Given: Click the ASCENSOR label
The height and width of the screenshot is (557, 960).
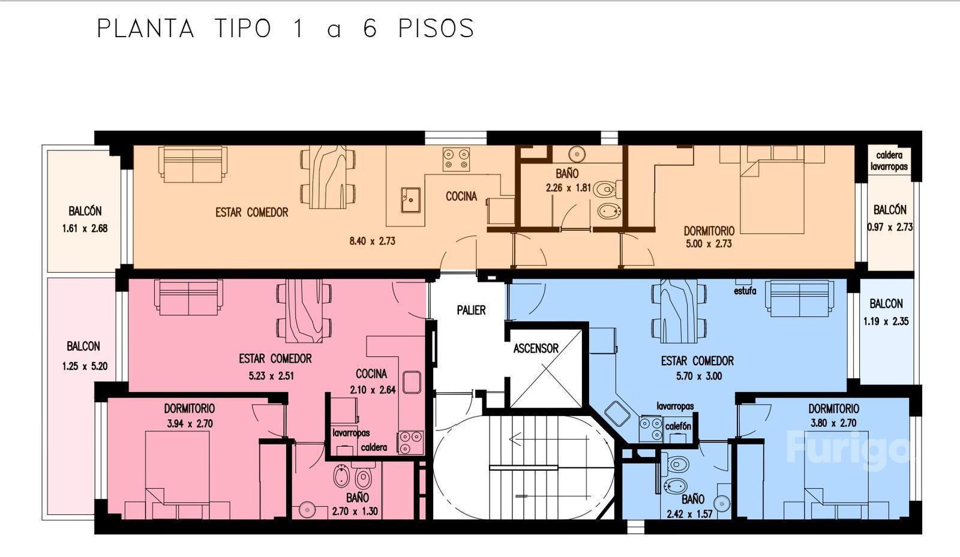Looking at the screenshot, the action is (x=536, y=348).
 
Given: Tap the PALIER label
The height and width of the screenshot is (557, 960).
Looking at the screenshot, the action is (x=471, y=310).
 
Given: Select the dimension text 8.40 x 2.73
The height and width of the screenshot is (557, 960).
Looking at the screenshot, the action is (x=372, y=241).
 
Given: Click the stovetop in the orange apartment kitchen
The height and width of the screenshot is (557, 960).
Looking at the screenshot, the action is (x=456, y=159).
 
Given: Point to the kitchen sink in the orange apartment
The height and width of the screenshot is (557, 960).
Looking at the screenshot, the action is (x=410, y=200).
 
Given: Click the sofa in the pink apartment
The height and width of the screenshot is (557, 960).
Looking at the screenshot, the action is (x=188, y=297).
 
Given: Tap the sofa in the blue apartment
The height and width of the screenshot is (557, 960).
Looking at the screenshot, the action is (x=800, y=299).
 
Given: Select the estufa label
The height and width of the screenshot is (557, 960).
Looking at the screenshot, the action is (x=745, y=291).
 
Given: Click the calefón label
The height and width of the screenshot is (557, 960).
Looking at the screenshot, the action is (x=678, y=426).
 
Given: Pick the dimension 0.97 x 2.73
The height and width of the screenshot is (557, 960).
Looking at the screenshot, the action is (x=890, y=227).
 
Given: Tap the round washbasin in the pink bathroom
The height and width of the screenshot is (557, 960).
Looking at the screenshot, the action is (x=307, y=510).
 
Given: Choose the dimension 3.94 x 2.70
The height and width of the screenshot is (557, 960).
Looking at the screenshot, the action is (x=190, y=424).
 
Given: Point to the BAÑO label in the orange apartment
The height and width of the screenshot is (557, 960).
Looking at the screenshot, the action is (x=567, y=173).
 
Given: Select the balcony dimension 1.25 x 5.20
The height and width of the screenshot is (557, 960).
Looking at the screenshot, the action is (x=85, y=366).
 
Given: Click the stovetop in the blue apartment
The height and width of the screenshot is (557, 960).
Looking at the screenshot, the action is (x=650, y=429).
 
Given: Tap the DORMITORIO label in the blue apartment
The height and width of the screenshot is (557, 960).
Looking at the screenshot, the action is (x=833, y=409).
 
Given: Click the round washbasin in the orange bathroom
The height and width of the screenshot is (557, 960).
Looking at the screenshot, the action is (x=577, y=154).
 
